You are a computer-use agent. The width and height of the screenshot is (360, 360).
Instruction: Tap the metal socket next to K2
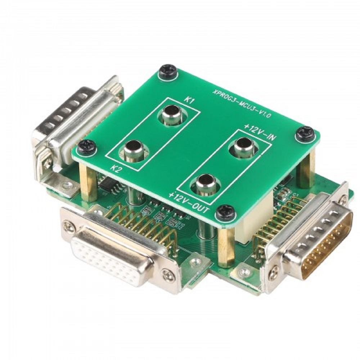pyautogui.click(x=133, y=150)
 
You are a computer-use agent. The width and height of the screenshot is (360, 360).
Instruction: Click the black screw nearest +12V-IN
pyautogui.click(x=305, y=134)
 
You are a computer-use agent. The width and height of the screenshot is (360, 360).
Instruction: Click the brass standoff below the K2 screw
pyautogui.click(x=88, y=182)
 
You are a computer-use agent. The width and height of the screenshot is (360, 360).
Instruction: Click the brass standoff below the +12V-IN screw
pyautogui.click(x=306, y=169)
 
